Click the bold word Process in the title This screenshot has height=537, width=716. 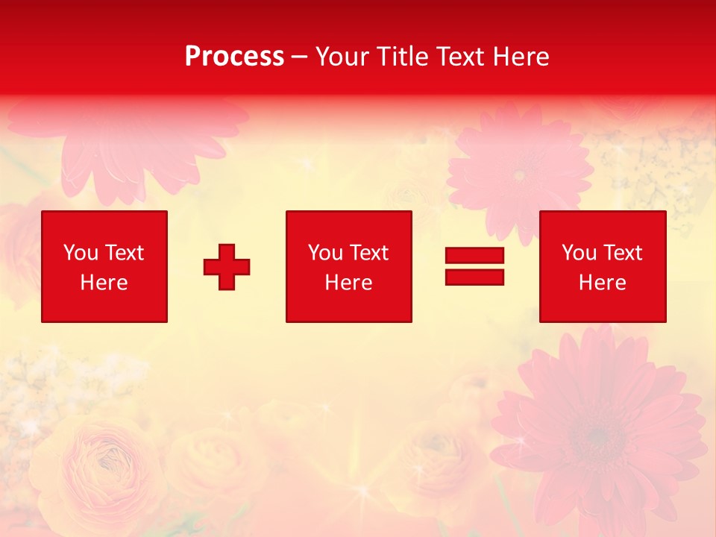(234, 57)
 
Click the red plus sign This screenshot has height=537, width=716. (227, 267)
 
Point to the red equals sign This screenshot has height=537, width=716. (474, 266)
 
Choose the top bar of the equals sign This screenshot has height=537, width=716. (474, 256)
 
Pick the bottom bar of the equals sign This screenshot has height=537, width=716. (474, 277)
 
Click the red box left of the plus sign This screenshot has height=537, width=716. (104, 266)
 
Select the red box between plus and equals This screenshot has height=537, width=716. (348, 266)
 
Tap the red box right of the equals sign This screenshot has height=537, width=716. (603, 266)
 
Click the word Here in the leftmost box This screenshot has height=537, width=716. (104, 283)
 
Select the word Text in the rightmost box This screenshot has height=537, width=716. (622, 253)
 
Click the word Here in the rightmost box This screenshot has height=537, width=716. (603, 283)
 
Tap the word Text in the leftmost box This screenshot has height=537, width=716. (124, 253)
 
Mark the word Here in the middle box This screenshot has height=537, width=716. (348, 283)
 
